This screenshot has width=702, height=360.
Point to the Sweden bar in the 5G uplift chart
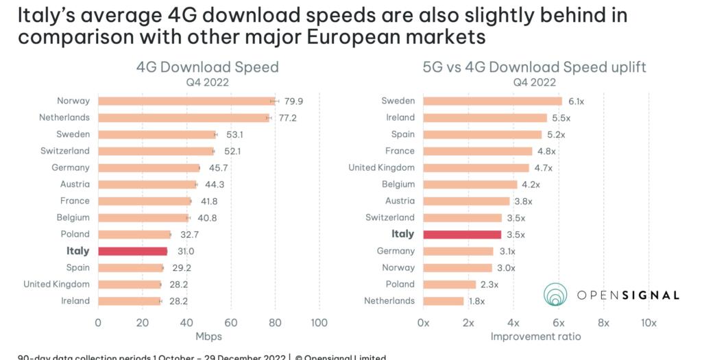point(492,101)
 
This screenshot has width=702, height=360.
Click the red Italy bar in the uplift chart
point(463,235)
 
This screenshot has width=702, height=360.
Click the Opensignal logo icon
point(555,294)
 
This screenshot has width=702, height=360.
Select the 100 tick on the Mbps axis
point(319,322)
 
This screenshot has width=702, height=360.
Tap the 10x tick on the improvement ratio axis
point(649,322)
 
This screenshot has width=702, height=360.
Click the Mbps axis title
point(208,337)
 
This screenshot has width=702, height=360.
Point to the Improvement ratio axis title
point(535,337)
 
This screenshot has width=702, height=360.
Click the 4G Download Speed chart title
point(207,67)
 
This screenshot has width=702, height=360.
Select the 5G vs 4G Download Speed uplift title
point(535,67)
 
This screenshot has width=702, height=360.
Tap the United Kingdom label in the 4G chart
point(56,284)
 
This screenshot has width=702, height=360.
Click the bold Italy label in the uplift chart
point(402,234)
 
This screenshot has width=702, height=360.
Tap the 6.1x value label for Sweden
point(577,101)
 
